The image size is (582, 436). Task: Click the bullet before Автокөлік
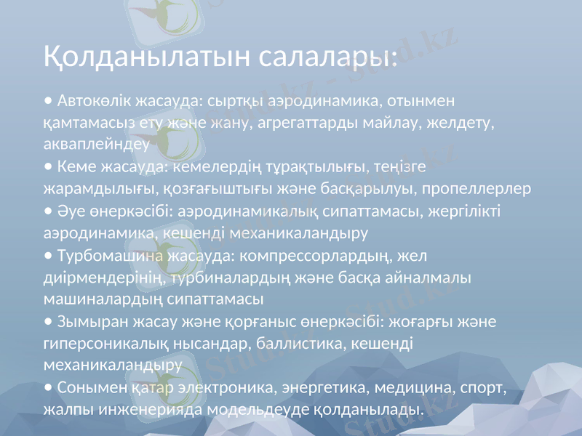tap(47, 99)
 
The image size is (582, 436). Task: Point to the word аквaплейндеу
tap(96, 143)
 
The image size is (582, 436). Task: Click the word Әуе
tap(69, 210)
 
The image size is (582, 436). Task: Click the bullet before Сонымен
tap(47, 387)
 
